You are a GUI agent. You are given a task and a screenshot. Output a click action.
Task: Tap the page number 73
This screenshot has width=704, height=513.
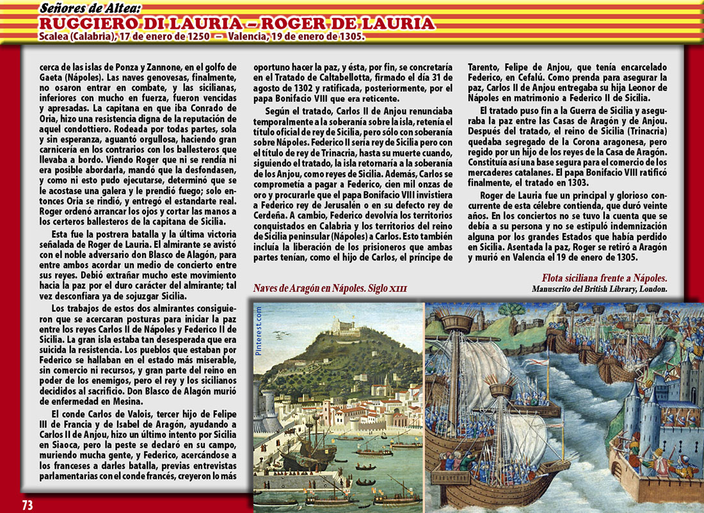27,505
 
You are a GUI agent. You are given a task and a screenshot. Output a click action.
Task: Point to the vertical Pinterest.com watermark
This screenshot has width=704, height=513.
259,330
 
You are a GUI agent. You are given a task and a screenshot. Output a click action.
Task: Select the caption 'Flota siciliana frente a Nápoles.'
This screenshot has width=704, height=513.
604,278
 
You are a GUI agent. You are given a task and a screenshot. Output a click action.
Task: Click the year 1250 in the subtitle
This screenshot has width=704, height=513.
193,37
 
